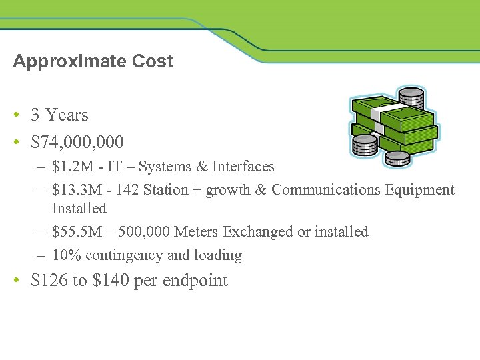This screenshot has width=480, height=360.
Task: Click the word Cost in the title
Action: click(x=153, y=61)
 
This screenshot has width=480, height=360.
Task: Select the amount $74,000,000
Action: click(x=77, y=142)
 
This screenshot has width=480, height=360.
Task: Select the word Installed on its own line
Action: click(x=79, y=209)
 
